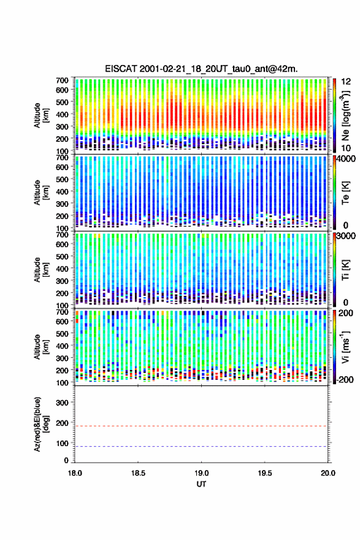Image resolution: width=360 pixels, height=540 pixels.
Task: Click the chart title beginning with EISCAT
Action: click(201, 69)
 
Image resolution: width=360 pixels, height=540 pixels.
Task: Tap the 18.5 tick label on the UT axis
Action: click(138, 473)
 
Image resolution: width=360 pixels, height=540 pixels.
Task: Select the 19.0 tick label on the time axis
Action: click(201, 473)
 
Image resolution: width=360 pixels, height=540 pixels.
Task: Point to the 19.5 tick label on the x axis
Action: click(265, 473)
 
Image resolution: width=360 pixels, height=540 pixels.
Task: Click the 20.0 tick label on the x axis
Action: click(328, 473)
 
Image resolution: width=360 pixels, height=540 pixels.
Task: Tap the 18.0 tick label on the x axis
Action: click(75, 473)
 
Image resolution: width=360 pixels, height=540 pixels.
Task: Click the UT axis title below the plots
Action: click(201, 484)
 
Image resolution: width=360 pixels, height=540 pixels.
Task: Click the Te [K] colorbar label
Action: click(345, 193)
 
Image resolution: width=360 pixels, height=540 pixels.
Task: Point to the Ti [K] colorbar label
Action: click(345, 270)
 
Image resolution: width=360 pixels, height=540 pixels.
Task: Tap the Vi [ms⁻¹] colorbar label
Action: click(345, 347)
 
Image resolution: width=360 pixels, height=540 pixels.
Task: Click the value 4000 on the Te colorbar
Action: click(346, 159)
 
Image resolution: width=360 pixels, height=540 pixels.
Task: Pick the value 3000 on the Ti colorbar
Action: click(346, 236)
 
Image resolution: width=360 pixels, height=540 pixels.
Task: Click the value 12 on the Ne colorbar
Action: click(346, 82)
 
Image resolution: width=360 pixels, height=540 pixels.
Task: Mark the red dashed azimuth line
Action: click(201, 426)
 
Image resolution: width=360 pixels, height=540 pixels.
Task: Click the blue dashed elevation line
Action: click(201, 446)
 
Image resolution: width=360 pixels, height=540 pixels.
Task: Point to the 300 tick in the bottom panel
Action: click(62, 403)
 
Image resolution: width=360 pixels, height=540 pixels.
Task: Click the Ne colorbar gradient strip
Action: click(334, 115)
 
